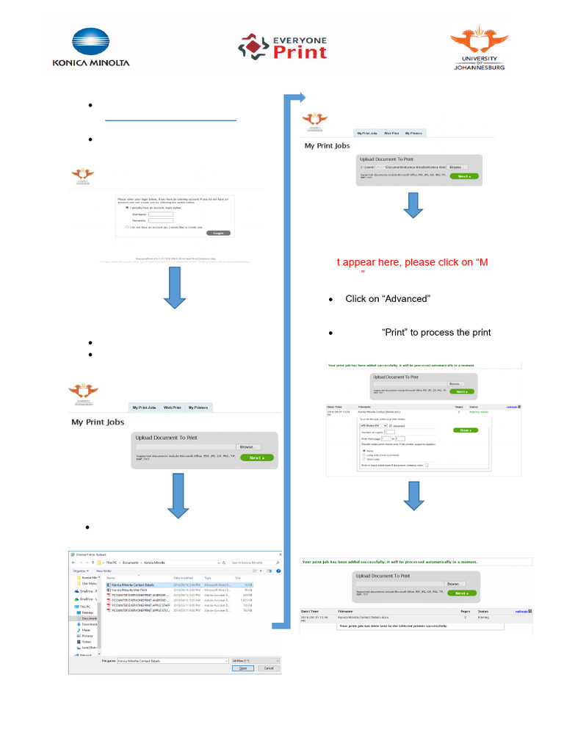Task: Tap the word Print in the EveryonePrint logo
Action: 300,52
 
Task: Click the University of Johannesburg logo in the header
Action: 478,48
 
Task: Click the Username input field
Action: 161,214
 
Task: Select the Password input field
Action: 161,220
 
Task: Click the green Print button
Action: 463,430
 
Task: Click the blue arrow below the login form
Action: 175,286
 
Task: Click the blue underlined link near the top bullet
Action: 170,118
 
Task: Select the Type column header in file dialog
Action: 208,578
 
